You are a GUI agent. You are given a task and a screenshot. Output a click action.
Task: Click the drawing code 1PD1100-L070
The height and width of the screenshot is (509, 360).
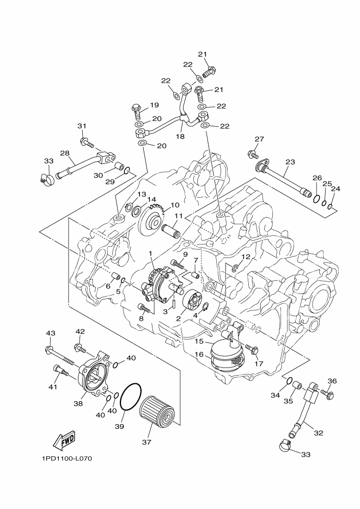66,458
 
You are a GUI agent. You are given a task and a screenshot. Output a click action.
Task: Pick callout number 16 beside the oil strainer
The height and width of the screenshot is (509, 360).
199,354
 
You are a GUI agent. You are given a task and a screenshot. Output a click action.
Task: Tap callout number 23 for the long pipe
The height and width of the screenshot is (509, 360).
290,162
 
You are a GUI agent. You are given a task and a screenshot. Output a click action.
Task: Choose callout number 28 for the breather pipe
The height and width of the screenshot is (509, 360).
64,153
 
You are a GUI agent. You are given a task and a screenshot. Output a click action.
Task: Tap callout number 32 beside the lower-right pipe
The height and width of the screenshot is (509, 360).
319,433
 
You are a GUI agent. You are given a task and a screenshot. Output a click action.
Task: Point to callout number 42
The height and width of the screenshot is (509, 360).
80,332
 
